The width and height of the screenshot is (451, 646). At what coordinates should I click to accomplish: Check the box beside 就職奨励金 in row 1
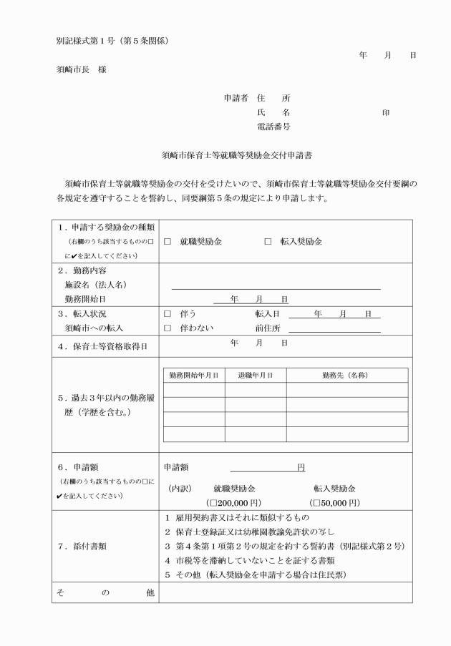[x=167, y=242]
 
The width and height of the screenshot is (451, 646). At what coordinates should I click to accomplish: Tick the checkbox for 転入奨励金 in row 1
[x=268, y=242]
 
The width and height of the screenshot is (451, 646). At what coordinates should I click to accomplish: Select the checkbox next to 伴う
[x=167, y=314]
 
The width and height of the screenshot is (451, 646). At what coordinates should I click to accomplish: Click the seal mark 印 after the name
[x=386, y=112]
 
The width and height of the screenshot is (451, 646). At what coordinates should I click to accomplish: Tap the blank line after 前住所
[x=334, y=329]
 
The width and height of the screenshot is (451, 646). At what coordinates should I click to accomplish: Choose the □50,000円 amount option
[x=334, y=503]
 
